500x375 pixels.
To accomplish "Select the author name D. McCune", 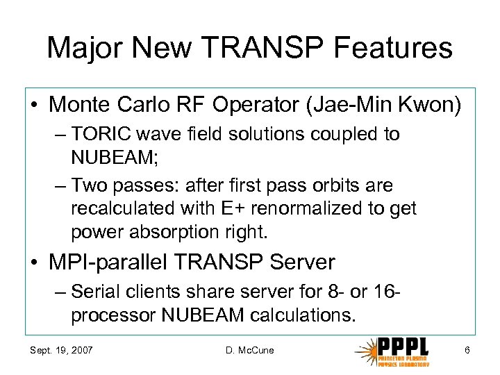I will click(250, 350).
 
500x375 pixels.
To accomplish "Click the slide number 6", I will click(467, 350).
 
